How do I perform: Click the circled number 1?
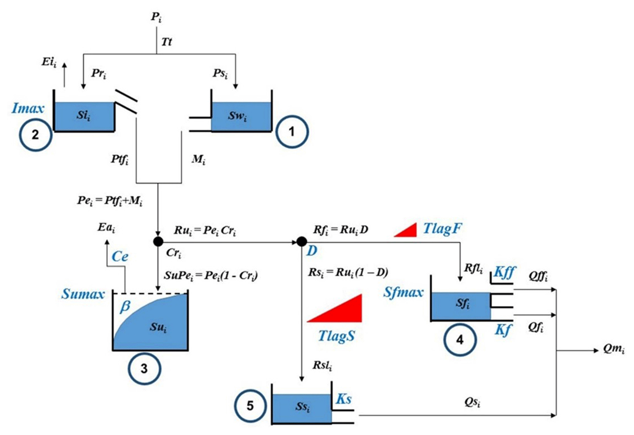292,132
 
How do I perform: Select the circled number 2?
35,134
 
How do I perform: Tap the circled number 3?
144,368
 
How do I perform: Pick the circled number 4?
460,339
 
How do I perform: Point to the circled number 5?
250,405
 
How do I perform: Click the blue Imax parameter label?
28,109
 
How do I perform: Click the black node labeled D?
301,241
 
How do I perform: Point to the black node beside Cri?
158,241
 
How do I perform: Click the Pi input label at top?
156,17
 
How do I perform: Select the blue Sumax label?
83,294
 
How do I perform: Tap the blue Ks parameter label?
344,399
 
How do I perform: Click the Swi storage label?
237,116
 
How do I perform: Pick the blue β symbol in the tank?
125,307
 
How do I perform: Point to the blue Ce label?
120,257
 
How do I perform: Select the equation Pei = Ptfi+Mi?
109,201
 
